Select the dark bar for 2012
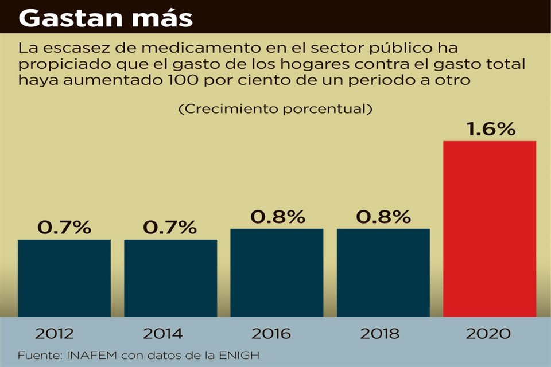64,278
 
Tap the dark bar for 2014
170,278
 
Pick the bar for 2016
277,272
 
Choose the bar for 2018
383,272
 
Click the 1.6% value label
491,130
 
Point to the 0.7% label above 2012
64,227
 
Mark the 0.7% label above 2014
170,227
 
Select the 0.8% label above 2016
277,217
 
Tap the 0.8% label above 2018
383,217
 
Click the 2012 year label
54,334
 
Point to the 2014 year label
162,334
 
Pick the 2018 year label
379,334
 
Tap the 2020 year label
490,334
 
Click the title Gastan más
106,18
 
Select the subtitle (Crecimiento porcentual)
273,109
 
